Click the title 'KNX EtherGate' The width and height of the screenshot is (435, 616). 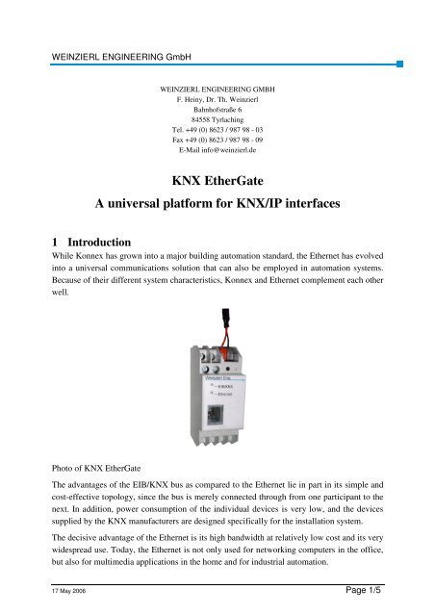217,178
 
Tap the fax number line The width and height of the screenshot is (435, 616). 217,125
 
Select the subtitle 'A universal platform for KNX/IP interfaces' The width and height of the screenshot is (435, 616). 217,204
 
